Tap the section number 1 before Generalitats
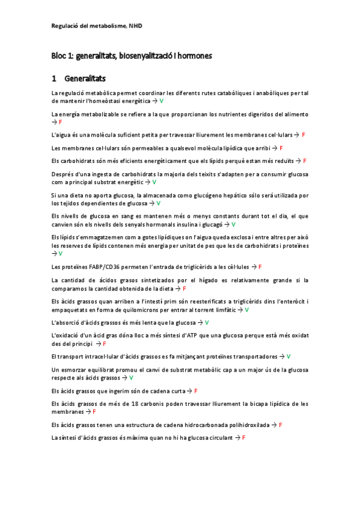coord(54,78)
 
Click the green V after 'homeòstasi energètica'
coord(162,101)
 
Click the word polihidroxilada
coord(241,425)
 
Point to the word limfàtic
coord(225,309)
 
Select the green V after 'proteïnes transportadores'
coord(288,356)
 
